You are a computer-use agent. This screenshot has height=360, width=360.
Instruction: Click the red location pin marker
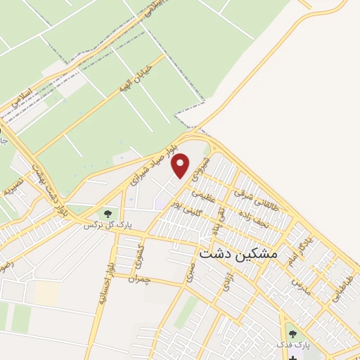click(x=181, y=165)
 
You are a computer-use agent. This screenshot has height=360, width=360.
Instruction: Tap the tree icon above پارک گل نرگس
click(x=108, y=213)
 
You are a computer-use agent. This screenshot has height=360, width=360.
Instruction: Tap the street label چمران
click(x=139, y=279)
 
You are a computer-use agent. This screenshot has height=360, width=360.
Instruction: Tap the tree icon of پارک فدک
click(x=292, y=333)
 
